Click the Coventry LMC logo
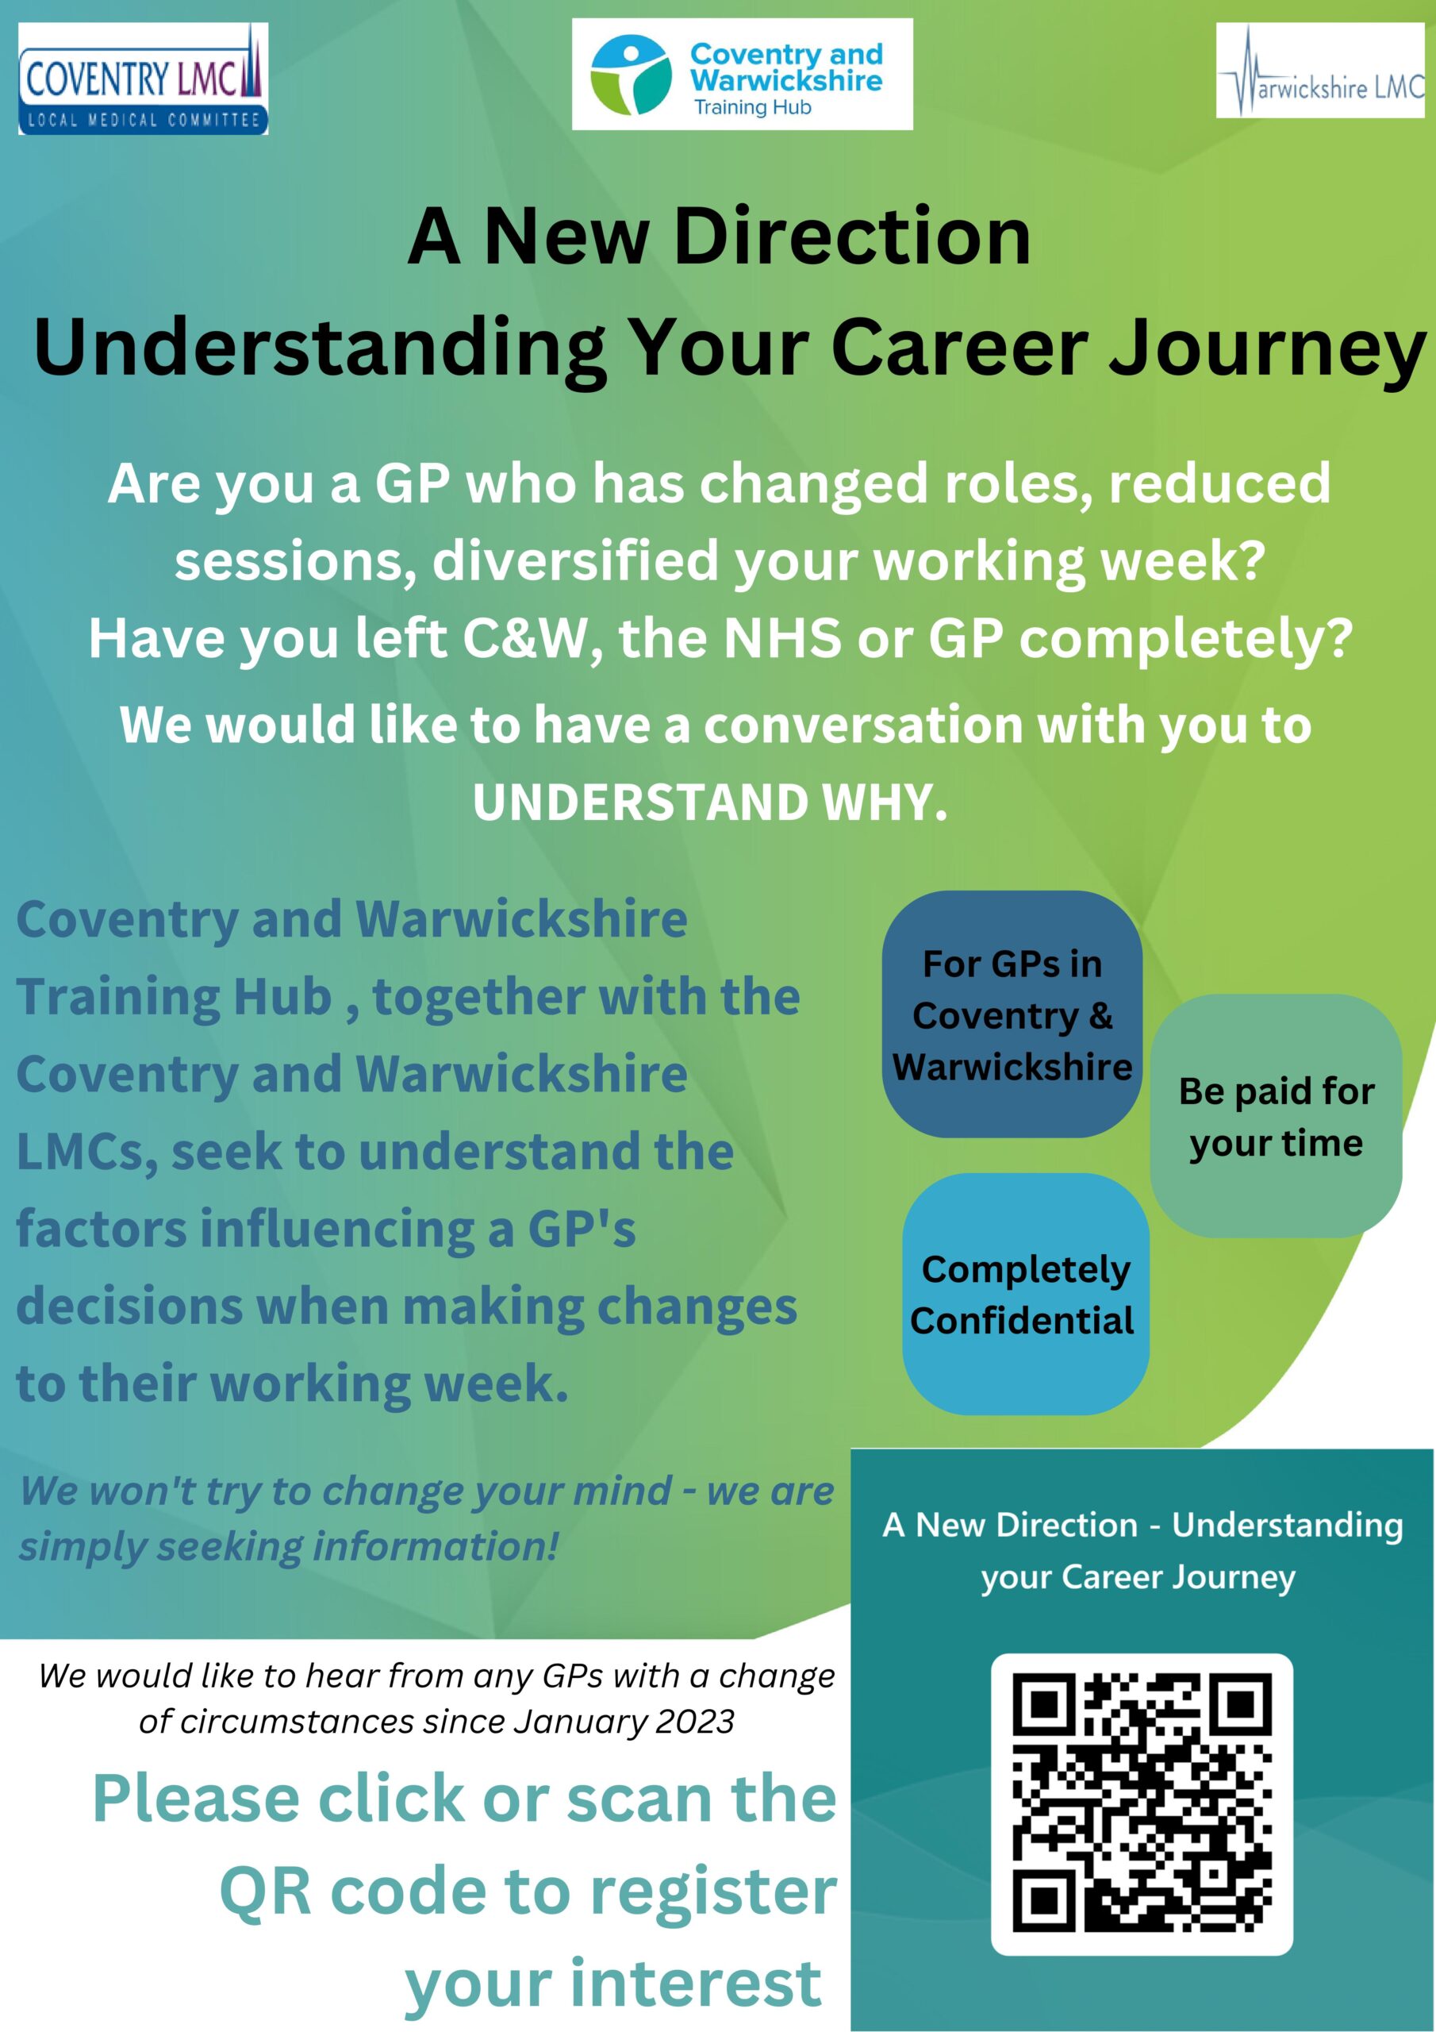144,79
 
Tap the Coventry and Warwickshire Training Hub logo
742,75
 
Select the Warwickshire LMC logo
1320,71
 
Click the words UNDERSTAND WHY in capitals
709,802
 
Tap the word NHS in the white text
782,638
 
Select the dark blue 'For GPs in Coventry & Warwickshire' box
1012,1014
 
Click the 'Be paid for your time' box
1276,1116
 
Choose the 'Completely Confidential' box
1026,1294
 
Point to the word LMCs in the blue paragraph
86,1153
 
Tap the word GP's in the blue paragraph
582,1230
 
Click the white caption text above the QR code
1142,1550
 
